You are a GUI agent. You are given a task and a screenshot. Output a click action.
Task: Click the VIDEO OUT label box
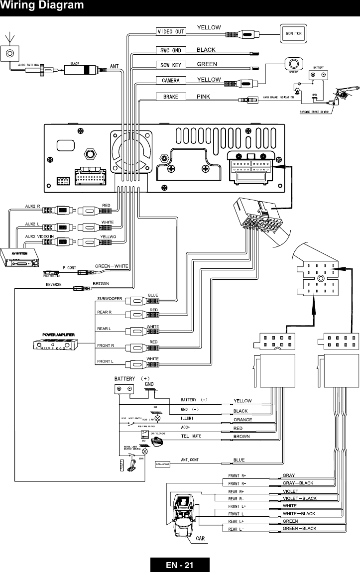[171, 31]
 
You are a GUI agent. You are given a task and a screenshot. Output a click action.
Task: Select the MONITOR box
[293, 34]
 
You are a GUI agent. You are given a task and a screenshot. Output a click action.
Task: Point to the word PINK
[206, 96]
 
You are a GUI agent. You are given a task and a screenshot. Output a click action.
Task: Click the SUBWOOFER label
[110, 298]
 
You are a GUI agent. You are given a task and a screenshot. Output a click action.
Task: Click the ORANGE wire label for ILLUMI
[243, 420]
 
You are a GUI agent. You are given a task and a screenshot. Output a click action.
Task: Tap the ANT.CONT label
[190, 459]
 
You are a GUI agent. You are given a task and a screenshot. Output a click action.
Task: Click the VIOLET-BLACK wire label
[299, 498]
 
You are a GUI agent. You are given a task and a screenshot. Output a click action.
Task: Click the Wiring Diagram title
[42, 6]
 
